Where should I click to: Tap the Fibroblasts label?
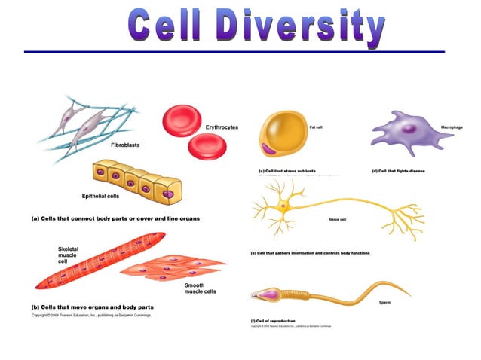125,144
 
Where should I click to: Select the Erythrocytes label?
222,127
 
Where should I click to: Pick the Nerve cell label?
337,220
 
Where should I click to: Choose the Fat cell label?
316,127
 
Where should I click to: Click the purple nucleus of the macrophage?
408,130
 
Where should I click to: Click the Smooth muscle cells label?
200,288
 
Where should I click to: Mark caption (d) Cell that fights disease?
398,171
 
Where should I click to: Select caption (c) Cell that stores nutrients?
287,171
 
